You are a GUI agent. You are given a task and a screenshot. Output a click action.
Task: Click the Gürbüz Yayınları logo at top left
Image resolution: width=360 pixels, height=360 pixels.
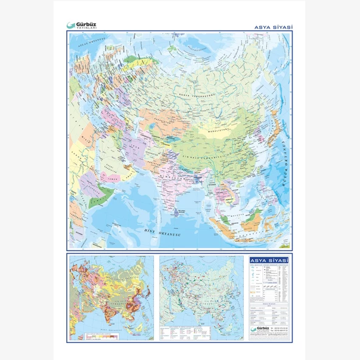pyautogui.click(x=81, y=26)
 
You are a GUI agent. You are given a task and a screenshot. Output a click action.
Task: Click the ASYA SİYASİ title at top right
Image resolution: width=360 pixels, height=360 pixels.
pyautogui.click(x=272, y=27)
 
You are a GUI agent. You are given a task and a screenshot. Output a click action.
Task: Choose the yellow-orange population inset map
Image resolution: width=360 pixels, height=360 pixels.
pyautogui.click(x=111, y=298)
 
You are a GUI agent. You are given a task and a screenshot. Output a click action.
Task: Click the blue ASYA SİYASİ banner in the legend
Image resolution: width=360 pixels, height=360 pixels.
pyautogui.click(x=269, y=261)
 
